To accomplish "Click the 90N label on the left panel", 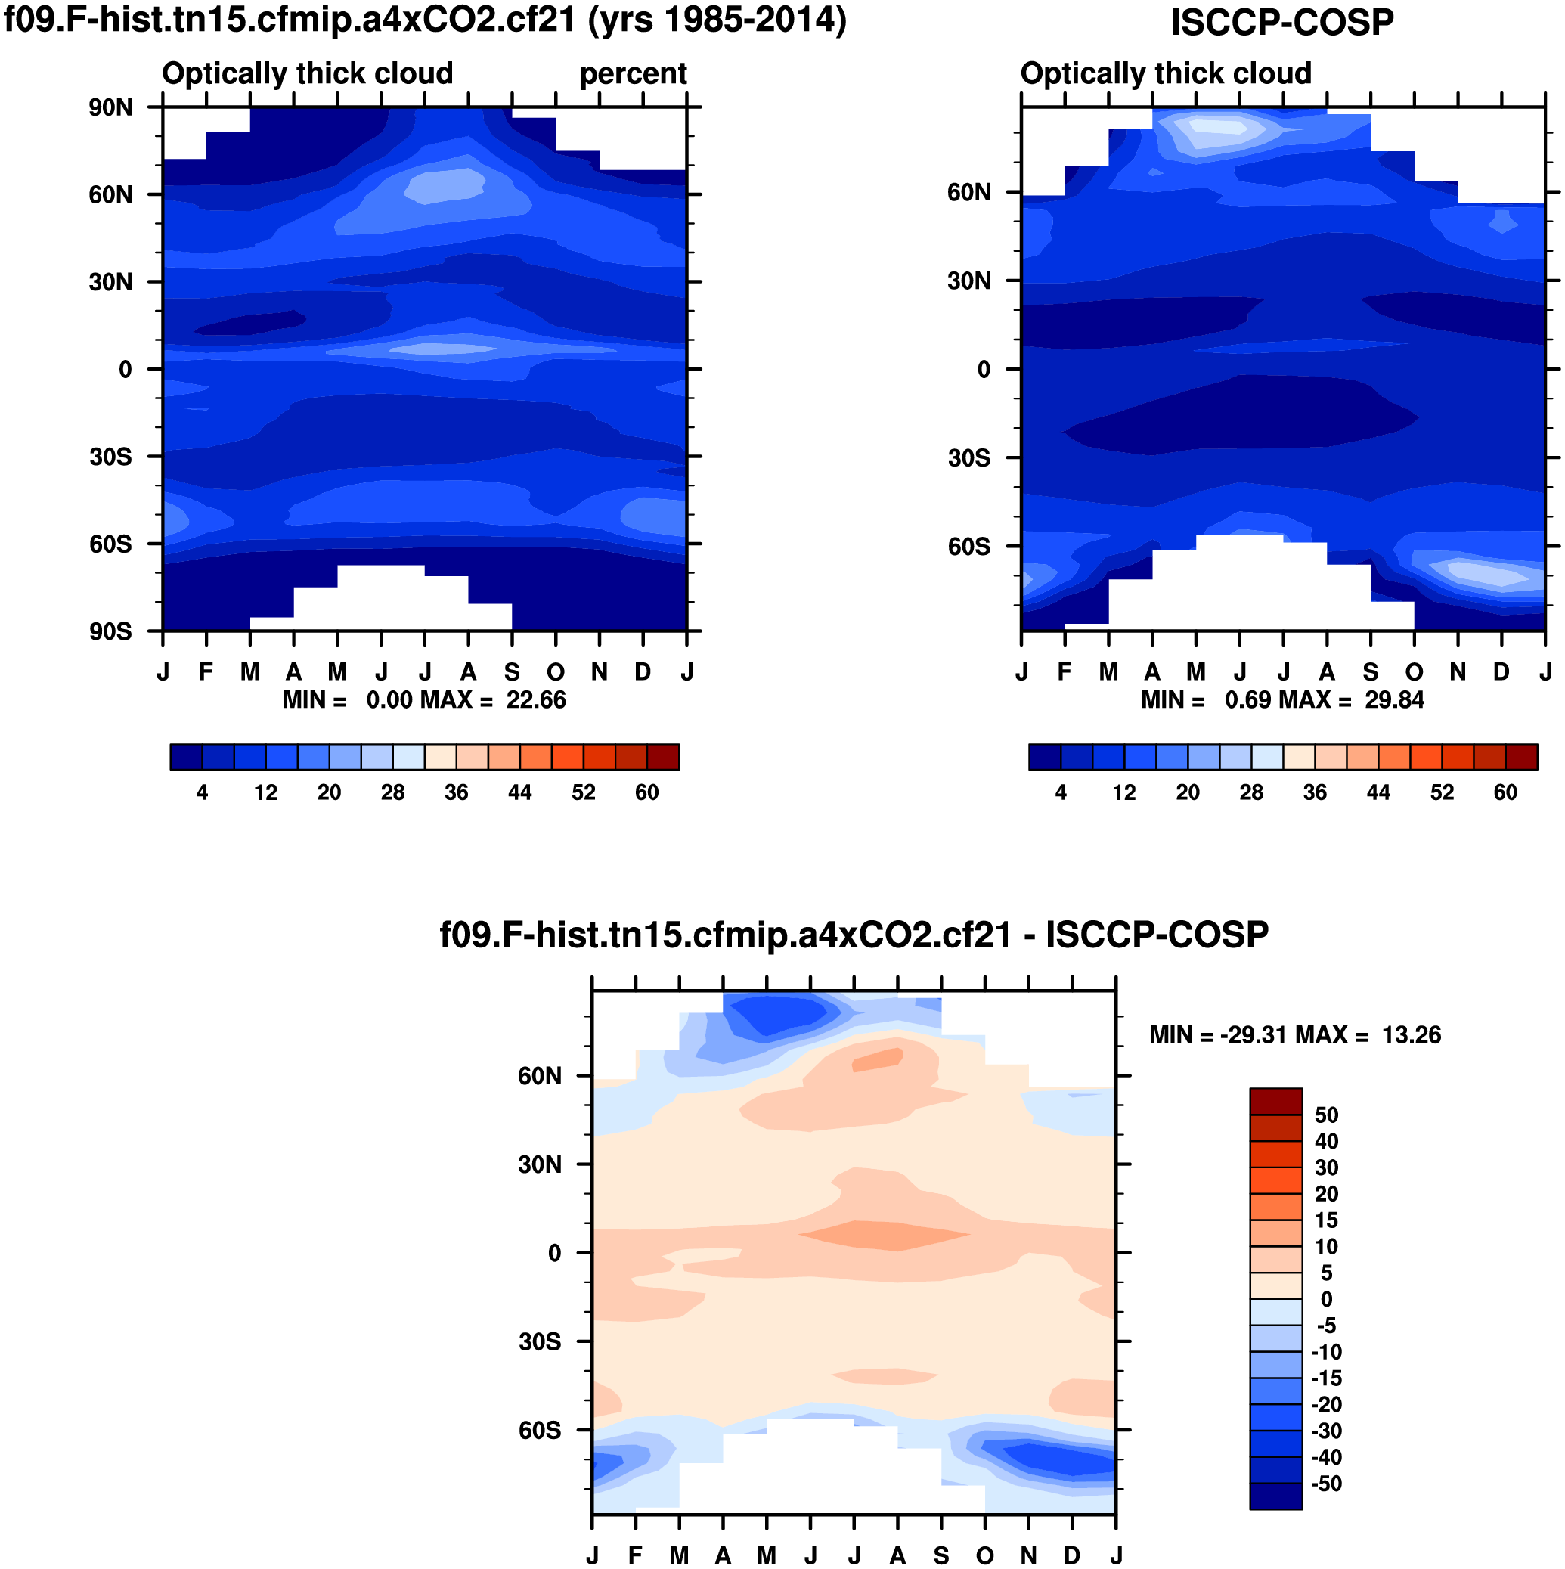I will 110,107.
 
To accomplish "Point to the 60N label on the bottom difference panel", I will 539,1076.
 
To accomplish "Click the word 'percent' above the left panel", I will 633,74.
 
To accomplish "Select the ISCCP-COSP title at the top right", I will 1281,22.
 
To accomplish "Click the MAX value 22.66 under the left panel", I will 536,700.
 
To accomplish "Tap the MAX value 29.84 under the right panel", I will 1394,700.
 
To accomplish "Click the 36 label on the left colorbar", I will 456,792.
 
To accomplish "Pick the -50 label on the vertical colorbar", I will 1326,1484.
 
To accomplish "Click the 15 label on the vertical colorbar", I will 1326,1220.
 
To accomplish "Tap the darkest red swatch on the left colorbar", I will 663,757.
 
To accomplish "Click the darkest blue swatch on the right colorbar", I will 1044,757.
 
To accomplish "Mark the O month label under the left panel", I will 556,672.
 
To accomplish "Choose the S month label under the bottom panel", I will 941,1555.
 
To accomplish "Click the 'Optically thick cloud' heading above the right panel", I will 1165,74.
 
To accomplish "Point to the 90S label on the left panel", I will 110,632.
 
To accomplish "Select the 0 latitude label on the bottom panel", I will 555,1253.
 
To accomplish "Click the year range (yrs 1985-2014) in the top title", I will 717,20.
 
